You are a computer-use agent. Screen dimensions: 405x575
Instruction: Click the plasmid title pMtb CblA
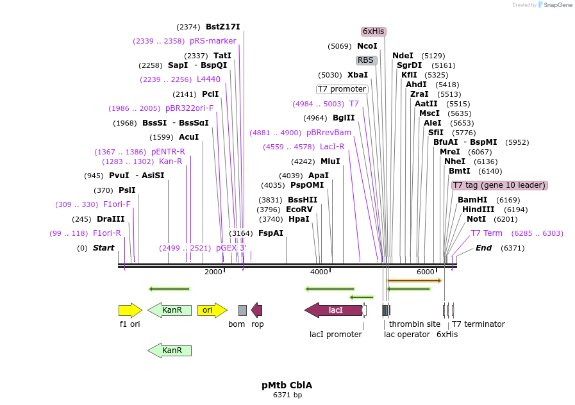[287, 385]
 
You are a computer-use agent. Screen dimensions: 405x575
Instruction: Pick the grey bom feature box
[242, 310]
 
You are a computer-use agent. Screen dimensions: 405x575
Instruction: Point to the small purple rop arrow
[257, 310]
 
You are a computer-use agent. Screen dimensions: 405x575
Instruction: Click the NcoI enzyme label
[367, 46]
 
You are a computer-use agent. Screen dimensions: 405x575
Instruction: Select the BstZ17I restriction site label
[222, 27]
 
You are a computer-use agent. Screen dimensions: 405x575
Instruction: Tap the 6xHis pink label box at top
[374, 31]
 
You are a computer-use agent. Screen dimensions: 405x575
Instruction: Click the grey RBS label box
[365, 60]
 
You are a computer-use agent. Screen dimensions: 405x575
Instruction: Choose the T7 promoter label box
[342, 89]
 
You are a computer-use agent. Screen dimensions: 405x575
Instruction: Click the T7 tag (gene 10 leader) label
[499, 185]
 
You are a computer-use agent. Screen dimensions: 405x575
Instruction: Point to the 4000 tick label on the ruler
[319, 272]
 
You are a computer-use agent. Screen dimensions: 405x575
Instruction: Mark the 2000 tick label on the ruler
[213, 272]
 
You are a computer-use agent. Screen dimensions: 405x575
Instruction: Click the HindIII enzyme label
[478, 210]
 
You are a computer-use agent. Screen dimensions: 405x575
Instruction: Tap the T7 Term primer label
[487, 233]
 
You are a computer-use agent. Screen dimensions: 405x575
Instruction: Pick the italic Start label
[103, 248]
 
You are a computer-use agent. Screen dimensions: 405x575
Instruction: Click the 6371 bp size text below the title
[287, 395]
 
